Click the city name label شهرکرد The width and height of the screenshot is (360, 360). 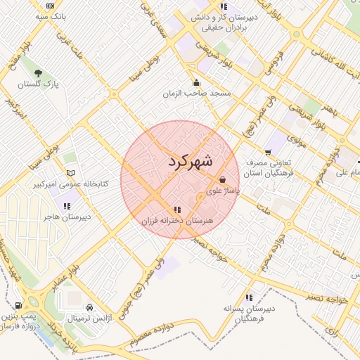[x=191, y=161]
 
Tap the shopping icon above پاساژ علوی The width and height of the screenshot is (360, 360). [x=222, y=179]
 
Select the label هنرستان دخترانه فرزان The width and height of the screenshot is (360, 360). [x=177, y=221]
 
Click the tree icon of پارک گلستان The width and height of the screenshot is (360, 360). [x=37, y=72]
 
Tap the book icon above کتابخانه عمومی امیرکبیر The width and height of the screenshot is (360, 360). [x=70, y=172]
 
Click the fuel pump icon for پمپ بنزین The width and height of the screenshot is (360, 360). [x=18, y=306]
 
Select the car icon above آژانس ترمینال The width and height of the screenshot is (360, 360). [x=89, y=307]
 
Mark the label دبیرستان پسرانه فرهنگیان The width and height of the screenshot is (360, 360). [x=248, y=314]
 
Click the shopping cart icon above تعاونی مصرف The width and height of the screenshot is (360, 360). [x=268, y=153]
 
